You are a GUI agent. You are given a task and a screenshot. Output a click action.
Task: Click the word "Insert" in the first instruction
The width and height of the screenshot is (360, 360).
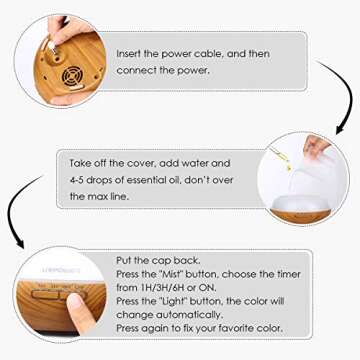pyautogui.click(x=132, y=51)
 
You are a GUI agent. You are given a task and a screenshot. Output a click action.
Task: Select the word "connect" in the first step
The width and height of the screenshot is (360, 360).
pyautogui.click(x=138, y=70)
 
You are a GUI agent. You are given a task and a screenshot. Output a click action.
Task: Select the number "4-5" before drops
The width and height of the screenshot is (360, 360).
pyautogui.click(x=80, y=180)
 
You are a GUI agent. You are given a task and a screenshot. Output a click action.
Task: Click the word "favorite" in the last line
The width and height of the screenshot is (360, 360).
pyautogui.click(x=236, y=326)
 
